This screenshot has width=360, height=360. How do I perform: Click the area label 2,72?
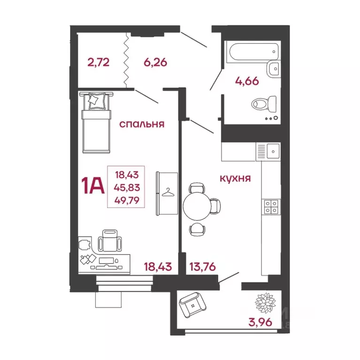point(99,62)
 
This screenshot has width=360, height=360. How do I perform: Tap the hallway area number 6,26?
point(155,62)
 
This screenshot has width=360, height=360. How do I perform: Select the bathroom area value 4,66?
point(247,81)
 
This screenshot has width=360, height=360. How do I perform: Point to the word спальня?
point(141,124)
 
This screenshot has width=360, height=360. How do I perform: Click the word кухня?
point(235,179)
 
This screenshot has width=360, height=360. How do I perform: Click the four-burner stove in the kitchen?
point(271,207)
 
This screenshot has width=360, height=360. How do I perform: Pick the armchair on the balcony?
point(193,305)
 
